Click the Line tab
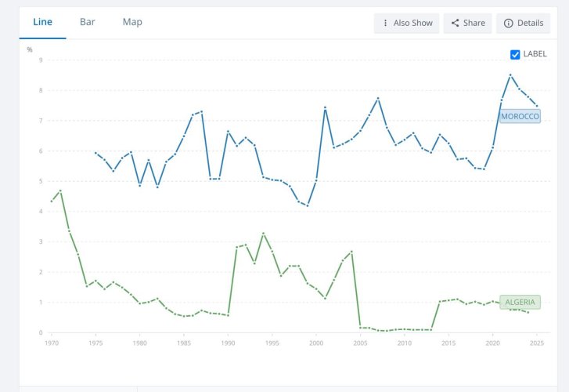(42, 22)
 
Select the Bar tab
(88, 22)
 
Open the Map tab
(132, 22)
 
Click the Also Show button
(406, 24)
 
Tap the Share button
(468, 24)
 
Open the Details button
(524, 24)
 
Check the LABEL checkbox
(515, 55)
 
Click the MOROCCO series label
(520, 116)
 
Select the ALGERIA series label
(520, 302)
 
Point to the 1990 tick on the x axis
(228, 343)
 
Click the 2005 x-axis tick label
(360, 343)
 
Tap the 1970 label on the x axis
(52, 343)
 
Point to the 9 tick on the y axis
(41, 60)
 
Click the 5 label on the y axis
(41, 181)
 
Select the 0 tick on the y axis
(41, 332)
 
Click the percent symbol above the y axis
(30, 50)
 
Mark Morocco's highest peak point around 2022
(510, 75)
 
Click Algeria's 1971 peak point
(60, 191)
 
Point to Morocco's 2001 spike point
(325, 107)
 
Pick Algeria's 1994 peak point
(264, 233)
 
